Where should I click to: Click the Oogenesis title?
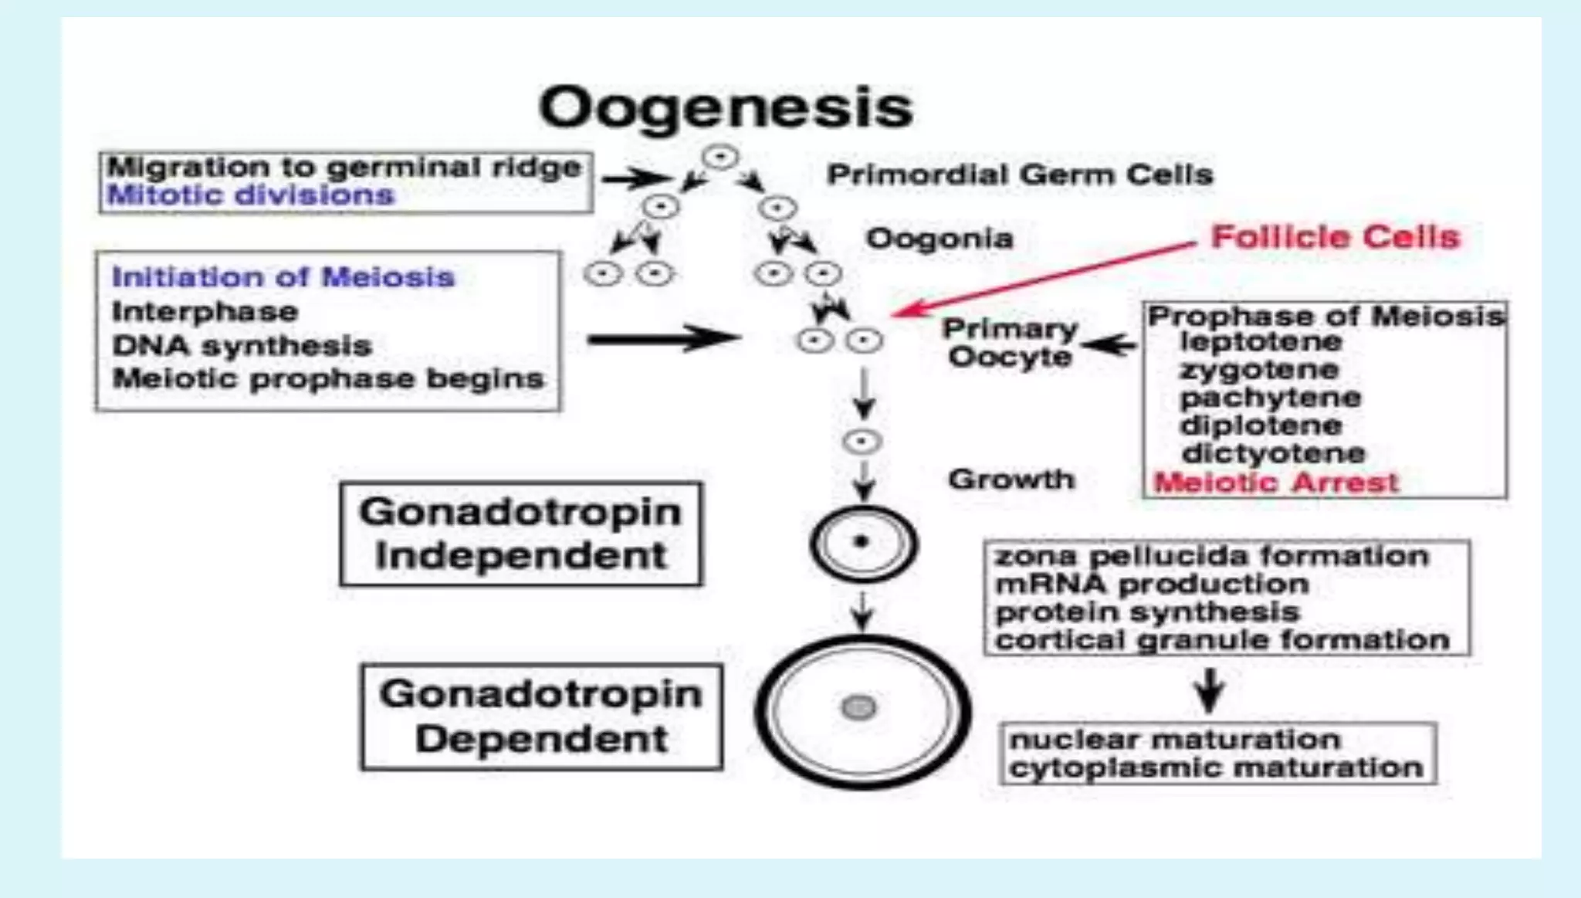tap(726, 108)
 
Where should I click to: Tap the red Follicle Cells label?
tap(1336, 237)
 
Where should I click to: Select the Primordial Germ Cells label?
tap(1019, 175)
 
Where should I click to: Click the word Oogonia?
tap(939, 239)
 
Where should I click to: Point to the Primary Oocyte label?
tap(1010, 343)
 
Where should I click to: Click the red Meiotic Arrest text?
tap(1275, 483)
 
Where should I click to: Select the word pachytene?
tap(1270, 398)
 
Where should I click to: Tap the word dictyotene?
tap(1273, 453)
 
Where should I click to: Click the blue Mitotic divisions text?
tap(251, 195)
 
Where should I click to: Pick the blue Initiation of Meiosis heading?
tap(283, 276)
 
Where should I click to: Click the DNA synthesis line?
tap(242, 345)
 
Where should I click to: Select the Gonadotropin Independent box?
tap(521, 534)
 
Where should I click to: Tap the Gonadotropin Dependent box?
tap(541, 716)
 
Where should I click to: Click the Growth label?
tap(1011, 479)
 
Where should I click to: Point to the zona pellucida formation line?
tap(1211, 556)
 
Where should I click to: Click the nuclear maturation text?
tap(1174, 740)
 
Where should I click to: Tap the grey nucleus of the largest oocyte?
tap(858, 707)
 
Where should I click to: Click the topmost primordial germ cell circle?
tap(720, 158)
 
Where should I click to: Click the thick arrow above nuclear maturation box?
tap(1210, 690)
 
